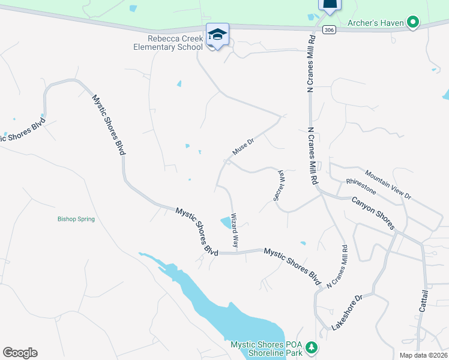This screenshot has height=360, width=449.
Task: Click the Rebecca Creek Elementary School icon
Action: point(217,35)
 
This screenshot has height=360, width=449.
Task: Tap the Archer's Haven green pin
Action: point(412,23)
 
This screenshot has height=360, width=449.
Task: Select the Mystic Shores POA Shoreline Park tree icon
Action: point(311,347)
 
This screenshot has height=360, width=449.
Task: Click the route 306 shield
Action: point(328,29)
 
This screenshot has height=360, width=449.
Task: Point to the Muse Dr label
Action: point(244,145)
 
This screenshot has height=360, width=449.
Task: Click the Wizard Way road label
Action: point(235,230)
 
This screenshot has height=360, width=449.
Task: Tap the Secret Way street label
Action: point(279,184)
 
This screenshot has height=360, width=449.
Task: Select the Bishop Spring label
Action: point(76,219)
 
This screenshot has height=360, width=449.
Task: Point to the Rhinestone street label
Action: point(361,186)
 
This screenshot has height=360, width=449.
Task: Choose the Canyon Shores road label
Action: point(373,213)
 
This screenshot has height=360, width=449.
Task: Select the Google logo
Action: point(20,352)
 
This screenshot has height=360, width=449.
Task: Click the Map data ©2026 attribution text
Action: point(423,355)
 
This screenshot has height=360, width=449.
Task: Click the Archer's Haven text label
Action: point(376,24)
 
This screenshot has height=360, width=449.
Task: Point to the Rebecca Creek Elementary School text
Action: point(169,43)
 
